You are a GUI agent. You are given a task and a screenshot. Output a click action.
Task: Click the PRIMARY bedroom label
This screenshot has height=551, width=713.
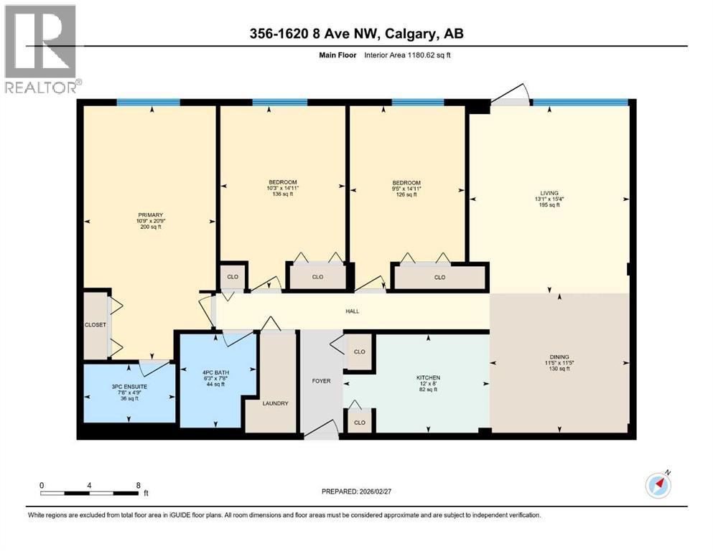[151, 215]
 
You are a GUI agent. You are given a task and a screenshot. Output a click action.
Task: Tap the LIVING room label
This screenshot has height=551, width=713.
[549, 192]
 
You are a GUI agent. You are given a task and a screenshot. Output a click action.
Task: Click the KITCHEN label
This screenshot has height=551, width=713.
[428, 377]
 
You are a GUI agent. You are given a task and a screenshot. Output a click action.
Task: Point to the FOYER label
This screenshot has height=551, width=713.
[321, 381]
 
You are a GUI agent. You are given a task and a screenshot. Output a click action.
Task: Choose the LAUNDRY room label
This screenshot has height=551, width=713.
[276, 403]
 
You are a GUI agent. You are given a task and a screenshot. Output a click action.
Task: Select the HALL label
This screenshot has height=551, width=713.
[352, 311]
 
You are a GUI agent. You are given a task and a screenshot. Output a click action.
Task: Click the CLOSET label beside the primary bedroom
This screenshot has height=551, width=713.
[95, 325]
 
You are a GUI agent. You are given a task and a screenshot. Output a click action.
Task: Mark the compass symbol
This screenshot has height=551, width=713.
[658, 486]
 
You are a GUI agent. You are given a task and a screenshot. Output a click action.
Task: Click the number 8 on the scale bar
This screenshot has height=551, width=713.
[138, 485]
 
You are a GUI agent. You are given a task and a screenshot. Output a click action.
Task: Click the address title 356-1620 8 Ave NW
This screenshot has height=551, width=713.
[356, 34]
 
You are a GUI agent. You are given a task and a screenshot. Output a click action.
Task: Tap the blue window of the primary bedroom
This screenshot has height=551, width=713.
[139, 103]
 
